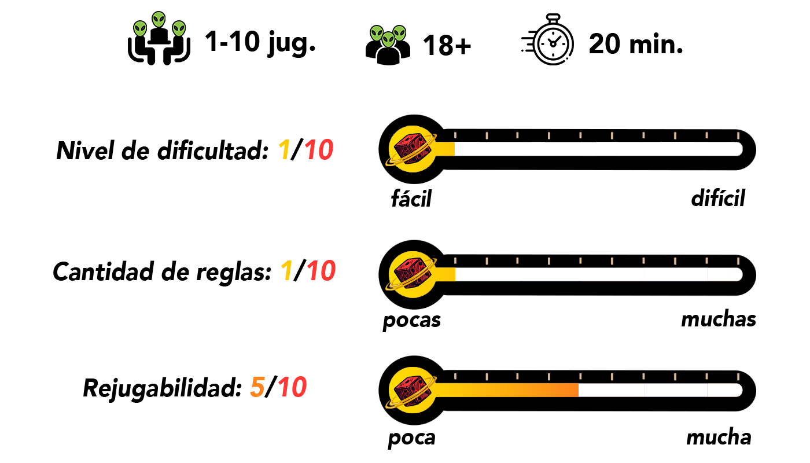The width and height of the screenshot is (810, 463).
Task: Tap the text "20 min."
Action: (x=636, y=44)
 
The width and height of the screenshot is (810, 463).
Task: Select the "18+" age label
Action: (x=447, y=45)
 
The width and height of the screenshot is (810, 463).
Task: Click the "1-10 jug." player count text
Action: (x=260, y=42)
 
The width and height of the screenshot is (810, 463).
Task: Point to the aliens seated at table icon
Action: (x=159, y=38)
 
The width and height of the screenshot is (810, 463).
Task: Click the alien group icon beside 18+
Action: (x=388, y=43)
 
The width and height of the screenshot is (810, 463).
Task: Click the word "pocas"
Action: (x=412, y=319)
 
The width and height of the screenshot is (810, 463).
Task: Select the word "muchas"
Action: (x=718, y=319)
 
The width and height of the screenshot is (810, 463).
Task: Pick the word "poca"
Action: (x=411, y=438)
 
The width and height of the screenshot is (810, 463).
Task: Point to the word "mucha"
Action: (x=718, y=438)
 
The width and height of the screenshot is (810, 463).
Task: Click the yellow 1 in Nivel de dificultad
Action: (x=283, y=152)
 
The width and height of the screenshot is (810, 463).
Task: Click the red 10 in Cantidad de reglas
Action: (x=321, y=271)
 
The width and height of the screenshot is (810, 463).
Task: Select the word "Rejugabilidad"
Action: (x=161, y=388)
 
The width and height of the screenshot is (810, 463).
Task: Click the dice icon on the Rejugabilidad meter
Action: (x=412, y=388)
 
